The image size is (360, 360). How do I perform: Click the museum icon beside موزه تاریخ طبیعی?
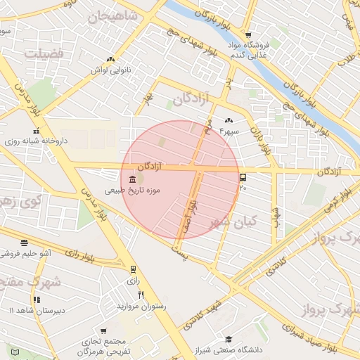[133, 180]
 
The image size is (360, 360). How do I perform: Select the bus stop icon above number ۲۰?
[243, 177]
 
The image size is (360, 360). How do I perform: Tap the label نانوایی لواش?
[112, 70]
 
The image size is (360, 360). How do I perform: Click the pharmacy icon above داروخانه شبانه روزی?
[35, 130]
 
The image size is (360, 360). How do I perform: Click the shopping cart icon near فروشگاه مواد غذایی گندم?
[247, 35]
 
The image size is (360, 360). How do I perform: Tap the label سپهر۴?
[230, 130]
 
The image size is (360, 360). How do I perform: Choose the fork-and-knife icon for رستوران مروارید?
[141, 295]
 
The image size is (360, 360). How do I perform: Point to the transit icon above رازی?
[133, 268]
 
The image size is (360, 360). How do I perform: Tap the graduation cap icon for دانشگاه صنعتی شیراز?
[228, 340]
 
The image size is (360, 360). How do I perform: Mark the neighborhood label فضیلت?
[44, 53]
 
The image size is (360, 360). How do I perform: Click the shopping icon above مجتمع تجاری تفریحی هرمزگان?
[103, 331]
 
